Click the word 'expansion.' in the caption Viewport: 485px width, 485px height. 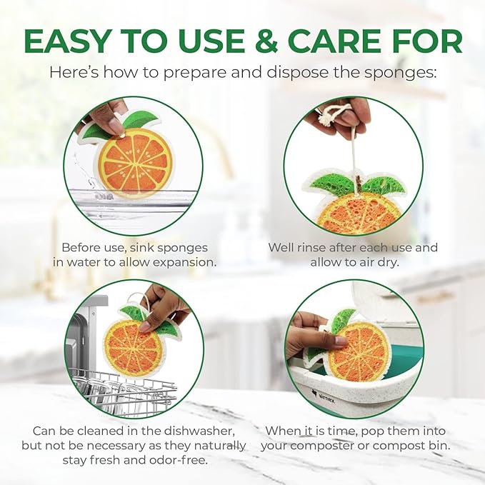pyautogui.click(x=176, y=262)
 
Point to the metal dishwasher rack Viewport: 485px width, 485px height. pyautogui.click(x=121, y=389)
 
